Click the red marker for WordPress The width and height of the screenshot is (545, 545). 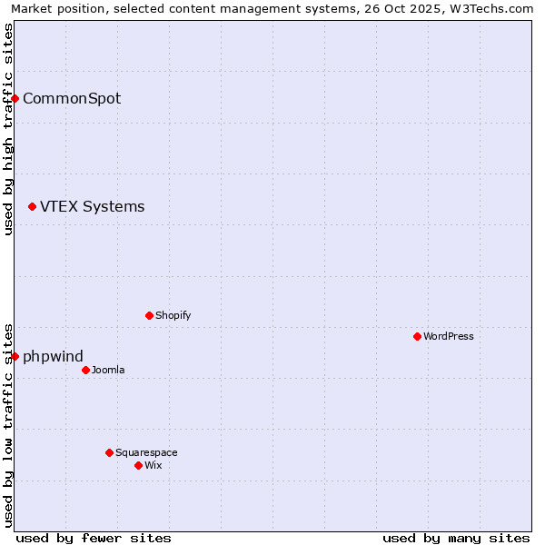tap(417, 336)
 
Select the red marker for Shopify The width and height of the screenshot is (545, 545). tap(149, 315)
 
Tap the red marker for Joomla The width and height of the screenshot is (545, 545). tap(85, 370)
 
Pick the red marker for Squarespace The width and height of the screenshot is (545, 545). tap(109, 452)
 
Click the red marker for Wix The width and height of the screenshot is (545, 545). tap(138, 465)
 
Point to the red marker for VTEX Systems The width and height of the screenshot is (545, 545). tap(32, 207)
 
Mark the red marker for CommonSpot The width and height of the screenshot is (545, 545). tap(15, 98)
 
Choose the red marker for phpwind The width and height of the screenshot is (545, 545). tap(15, 356)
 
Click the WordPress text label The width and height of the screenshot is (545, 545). tap(449, 336)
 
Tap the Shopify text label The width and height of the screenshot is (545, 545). tap(173, 315)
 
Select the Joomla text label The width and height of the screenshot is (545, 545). tap(108, 370)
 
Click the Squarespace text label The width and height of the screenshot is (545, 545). tap(146, 452)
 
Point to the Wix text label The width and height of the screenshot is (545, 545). tap(153, 465)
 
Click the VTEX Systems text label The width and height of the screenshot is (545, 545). tap(92, 206)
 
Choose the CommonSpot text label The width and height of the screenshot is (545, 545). tap(72, 98)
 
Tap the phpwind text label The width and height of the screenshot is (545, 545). tap(53, 356)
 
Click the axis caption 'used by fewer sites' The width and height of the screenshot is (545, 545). tap(94, 538)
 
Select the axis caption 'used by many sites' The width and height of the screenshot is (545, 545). tap(456, 538)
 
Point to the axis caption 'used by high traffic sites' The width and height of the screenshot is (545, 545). tap(8, 129)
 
